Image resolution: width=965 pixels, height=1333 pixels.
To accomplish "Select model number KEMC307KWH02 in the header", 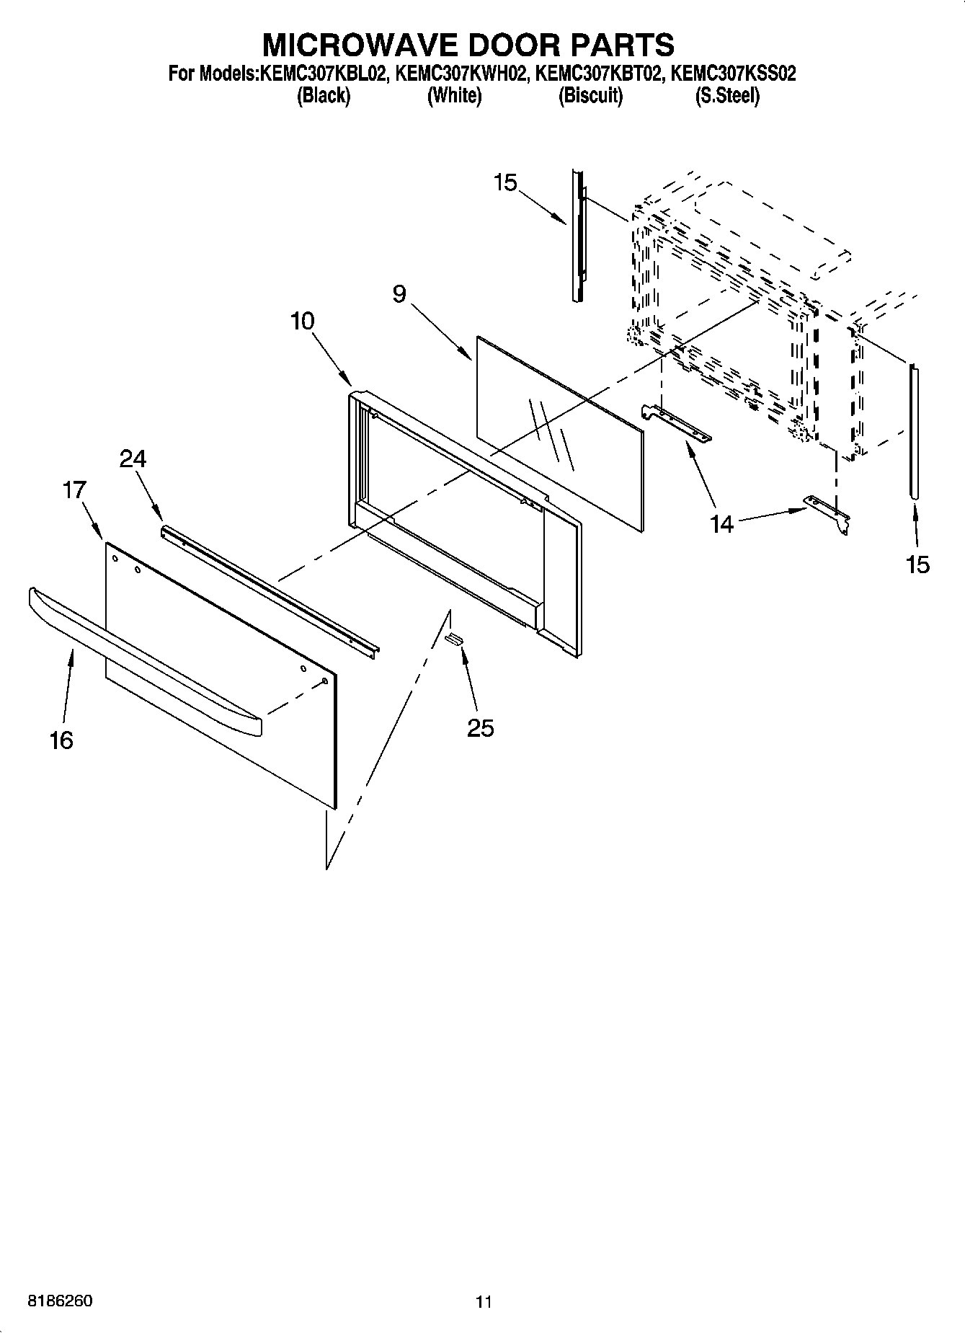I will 457,74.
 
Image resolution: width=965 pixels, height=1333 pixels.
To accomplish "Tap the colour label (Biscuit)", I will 590,95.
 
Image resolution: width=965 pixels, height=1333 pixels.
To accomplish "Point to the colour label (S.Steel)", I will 726,95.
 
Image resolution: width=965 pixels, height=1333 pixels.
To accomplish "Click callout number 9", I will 400,294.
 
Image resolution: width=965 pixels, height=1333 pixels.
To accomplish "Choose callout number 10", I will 303,321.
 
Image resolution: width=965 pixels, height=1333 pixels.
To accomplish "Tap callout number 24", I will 133,459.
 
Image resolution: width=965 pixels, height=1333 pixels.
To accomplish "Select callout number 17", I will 74,490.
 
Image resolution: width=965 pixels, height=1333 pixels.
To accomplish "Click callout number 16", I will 62,740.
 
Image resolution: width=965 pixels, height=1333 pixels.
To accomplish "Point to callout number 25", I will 480,728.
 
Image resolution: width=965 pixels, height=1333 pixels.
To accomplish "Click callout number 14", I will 721,524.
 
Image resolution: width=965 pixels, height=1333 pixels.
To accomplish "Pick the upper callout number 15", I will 505,183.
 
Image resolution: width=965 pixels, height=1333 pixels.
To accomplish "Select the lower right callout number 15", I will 918,564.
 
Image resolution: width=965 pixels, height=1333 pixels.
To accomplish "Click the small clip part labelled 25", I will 455,637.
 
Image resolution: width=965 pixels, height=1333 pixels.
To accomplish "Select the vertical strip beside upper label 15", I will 577,234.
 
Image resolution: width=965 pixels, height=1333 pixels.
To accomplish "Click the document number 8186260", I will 60,1301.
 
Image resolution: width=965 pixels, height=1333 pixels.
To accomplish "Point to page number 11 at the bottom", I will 483,1302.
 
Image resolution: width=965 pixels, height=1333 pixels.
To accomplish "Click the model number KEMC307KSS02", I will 733,74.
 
